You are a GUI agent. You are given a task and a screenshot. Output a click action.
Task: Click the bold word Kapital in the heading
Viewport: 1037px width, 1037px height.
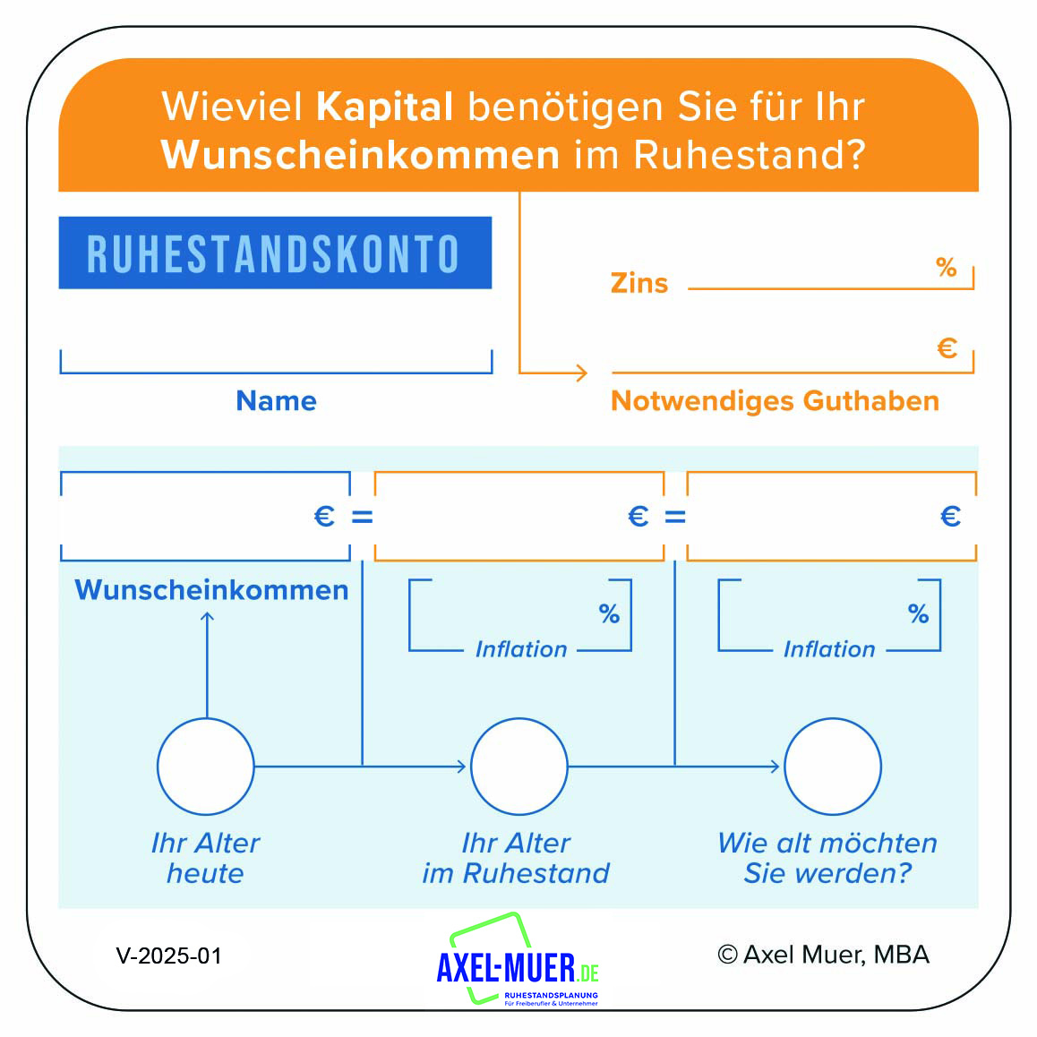tap(384, 107)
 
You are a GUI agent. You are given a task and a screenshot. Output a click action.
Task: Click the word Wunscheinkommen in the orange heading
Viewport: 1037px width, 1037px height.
tap(360, 155)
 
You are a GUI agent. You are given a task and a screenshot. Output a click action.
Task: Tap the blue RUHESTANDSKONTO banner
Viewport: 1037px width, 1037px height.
tap(275, 253)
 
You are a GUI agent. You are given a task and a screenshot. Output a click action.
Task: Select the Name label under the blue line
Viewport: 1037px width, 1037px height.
tap(277, 401)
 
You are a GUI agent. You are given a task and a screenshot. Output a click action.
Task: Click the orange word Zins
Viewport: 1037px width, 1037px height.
tap(638, 283)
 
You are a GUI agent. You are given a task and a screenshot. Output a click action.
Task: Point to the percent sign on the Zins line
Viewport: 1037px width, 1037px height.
tap(947, 267)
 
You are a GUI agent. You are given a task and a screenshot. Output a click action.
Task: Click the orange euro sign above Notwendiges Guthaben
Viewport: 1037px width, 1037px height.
tap(947, 347)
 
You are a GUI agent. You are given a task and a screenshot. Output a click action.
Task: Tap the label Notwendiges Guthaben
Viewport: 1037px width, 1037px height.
tap(775, 401)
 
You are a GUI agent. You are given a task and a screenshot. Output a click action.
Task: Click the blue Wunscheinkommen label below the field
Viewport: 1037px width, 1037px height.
tap(211, 590)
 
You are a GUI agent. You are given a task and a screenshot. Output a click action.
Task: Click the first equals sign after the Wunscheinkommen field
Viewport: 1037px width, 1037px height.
tap(362, 517)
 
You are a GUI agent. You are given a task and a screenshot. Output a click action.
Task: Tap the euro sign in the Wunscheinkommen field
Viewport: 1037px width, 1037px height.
tap(324, 517)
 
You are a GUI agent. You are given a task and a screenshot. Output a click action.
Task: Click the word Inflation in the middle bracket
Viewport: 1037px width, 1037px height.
tap(521, 649)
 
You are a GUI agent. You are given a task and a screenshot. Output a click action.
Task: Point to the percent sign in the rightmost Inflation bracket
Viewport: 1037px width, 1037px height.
tap(918, 613)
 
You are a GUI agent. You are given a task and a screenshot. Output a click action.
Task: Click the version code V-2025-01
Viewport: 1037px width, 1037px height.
tap(168, 956)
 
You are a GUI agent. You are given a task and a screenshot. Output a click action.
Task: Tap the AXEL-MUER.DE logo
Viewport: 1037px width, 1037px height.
tap(518, 960)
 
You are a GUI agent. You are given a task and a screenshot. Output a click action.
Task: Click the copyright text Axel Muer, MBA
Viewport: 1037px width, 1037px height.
tap(823, 955)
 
